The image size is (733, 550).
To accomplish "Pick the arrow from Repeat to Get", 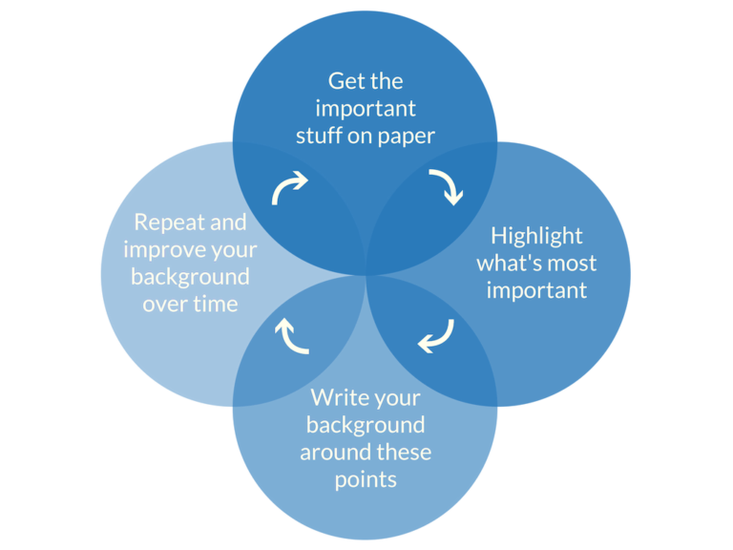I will point(289,187).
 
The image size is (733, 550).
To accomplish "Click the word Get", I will point(346,81).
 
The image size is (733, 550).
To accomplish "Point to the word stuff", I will point(321,136).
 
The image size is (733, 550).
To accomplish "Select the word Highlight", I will point(536,236).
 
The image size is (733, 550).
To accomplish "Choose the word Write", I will point(340,396).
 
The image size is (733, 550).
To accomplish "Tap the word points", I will point(366,478).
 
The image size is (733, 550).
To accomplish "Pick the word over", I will point(164,305).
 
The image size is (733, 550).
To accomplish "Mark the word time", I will point(215,305).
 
